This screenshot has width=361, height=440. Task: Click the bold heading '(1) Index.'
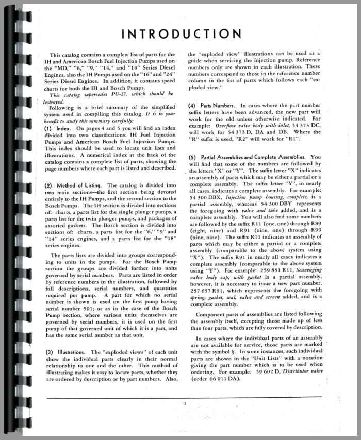pos(59,128)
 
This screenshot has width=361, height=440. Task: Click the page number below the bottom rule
pos(184,404)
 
